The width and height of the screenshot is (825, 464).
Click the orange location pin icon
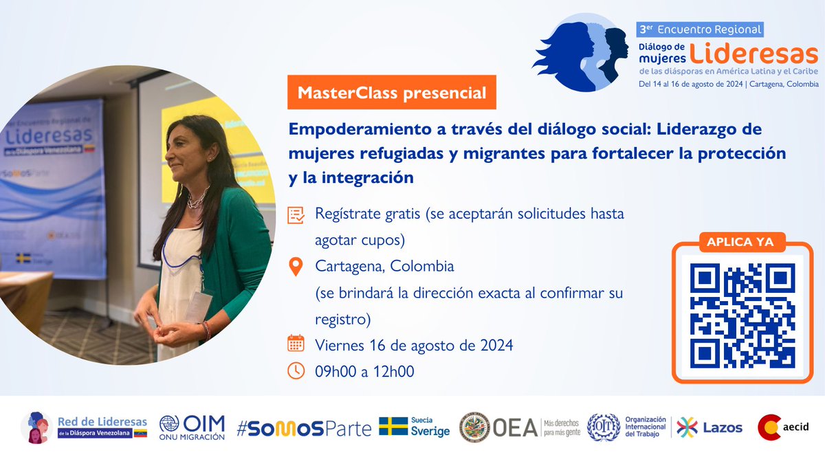coord(296,266)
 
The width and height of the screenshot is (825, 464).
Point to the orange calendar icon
coord(296,344)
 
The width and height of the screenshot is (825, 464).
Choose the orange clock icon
coord(296,371)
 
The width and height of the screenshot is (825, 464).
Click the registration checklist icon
coord(296,214)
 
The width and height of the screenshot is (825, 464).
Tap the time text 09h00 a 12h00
coord(364,371)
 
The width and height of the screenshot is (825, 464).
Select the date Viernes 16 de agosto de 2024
coord(414,344)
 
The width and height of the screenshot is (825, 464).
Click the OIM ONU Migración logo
coord(192,428)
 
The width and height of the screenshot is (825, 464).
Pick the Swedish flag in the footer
coord(393,427)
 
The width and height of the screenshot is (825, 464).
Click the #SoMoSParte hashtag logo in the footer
coord(303,428)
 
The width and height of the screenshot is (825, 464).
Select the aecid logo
coord(783,427)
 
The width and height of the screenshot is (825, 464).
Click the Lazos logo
coord(710,428)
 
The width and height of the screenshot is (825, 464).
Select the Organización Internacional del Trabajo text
coord(646,427)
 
